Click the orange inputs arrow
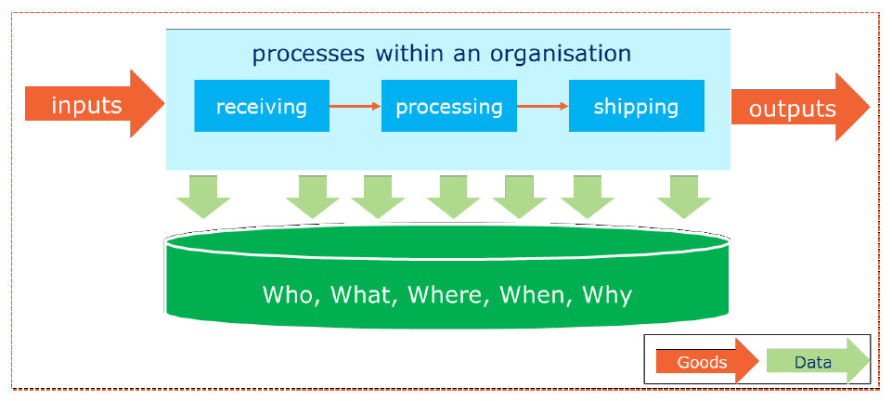(95, 104)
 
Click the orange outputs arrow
(800, 107)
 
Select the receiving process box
(262, 106)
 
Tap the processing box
(449, 106)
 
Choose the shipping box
(637, 106)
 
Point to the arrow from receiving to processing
(356, 106)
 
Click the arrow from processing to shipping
(543, 106)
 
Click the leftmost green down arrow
(203, 197)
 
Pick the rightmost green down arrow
(684, 197)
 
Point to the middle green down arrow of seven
(453, 197)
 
